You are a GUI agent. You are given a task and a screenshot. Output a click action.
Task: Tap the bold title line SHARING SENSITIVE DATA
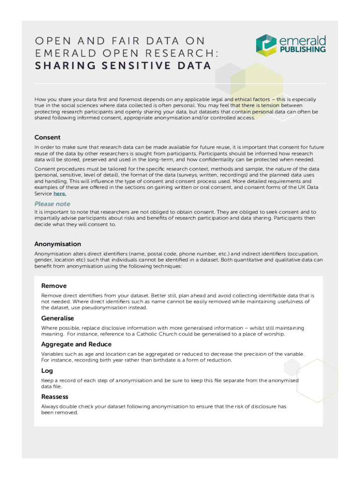coord(123,65)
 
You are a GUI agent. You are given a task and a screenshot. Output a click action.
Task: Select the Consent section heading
coord(47,137)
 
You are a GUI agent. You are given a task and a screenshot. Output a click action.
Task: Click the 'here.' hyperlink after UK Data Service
coord(60,194)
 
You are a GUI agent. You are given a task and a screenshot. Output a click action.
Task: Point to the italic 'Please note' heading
coord(52,204)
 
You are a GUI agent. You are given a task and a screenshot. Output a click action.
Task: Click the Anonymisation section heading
coord(58,244)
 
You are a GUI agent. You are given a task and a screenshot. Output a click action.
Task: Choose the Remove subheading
coord(54,286)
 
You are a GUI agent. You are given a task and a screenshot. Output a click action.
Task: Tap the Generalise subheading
coord(58,318)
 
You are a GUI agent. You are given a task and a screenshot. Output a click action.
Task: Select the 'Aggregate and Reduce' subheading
coord(76,344)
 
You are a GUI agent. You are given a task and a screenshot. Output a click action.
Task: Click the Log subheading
coord(47,370)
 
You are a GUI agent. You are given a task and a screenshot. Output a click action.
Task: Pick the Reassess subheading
coord(55,397)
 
